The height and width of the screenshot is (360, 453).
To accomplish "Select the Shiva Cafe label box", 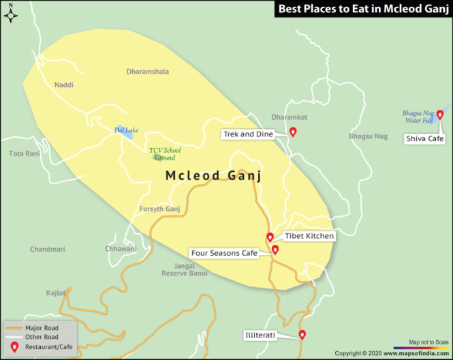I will click(x=424, y=138).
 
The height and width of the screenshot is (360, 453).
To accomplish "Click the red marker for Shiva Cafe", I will click(x=439, y=115).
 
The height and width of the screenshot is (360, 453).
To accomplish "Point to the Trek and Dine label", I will click(x=248, y=134).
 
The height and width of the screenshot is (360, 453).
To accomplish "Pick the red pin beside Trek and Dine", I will click(x=293, y=132).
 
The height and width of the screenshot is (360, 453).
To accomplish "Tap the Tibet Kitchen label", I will click(x=309, y=236).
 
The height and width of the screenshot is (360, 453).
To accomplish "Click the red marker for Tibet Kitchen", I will click(x=270, y=237).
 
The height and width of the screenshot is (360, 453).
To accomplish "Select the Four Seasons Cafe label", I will click(x=224, y=253).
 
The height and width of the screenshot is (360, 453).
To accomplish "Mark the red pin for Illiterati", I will click(x=302, y=334).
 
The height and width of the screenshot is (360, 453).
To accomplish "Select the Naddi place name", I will click(x=63, y=85).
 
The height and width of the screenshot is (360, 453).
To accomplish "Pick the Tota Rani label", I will click(x=25, y=153).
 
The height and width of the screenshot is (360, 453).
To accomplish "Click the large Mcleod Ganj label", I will click(x=214, y=176).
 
